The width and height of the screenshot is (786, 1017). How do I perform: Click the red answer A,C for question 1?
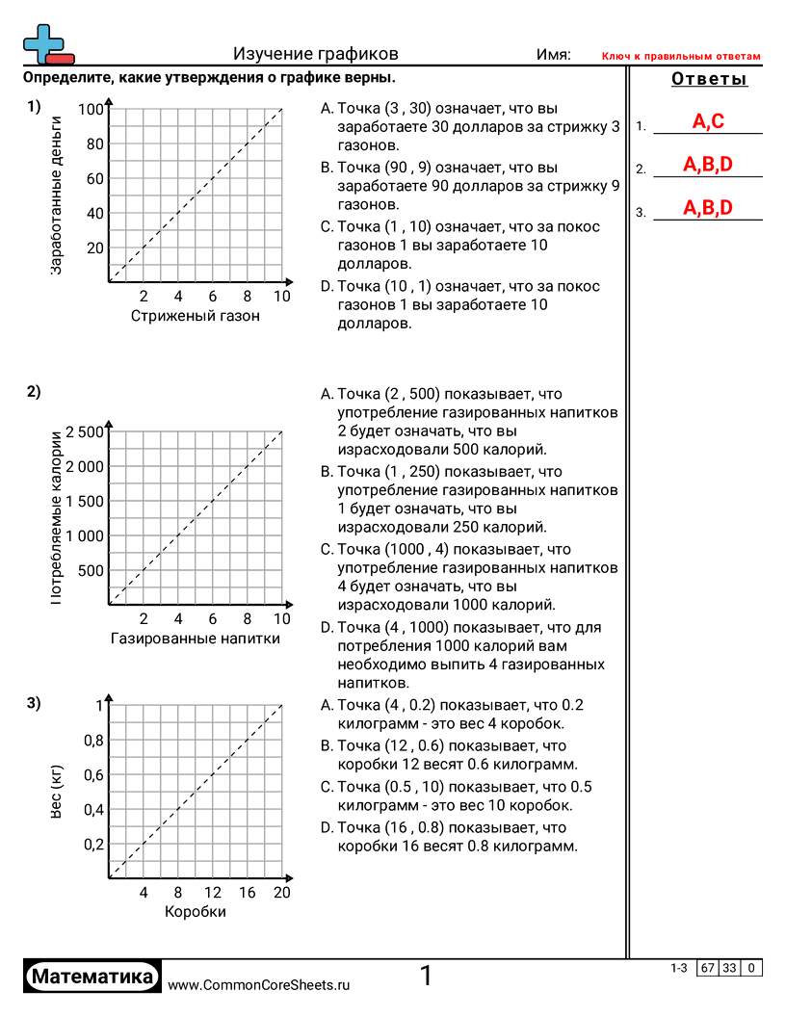point(708,121)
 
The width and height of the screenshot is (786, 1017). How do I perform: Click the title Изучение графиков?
point(315,55)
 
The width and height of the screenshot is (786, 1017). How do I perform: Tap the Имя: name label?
point(553,55)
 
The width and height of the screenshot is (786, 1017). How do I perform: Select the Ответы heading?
point(709,79)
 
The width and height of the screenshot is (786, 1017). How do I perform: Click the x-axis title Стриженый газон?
point(196,316)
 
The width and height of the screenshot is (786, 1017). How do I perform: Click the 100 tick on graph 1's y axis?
point(91,110)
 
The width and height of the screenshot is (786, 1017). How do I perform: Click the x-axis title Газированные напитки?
point(196,638)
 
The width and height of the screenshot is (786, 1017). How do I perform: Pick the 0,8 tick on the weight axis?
point(91,740)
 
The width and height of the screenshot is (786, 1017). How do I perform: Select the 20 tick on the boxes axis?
point(281,893)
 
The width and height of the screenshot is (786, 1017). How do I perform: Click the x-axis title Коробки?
point(196,911)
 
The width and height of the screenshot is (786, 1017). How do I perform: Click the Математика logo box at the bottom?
point(92,977)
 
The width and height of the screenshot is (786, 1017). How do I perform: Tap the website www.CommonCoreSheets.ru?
point(258,985)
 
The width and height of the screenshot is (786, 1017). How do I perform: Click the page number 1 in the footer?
point(426,977)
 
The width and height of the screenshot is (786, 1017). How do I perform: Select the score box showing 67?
point(708,968)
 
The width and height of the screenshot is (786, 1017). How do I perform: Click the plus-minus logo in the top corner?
point(46,44)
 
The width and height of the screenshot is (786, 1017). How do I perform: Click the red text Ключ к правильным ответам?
point(681,57)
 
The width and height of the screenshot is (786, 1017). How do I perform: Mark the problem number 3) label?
point(34,704)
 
